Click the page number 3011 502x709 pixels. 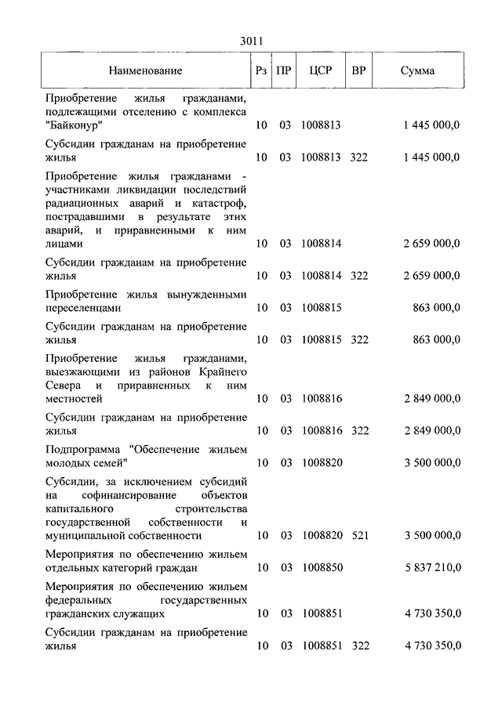(x=251, y=42)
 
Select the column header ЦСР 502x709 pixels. (x=321, y=71)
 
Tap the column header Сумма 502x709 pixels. (x=417, y=71)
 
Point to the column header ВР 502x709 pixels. (x=358, y=71)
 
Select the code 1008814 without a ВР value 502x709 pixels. (x=321, y=244)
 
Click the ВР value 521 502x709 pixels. (x=358, y=535)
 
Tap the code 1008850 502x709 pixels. (x=321, y=567)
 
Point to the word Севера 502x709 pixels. (x=65, y=386)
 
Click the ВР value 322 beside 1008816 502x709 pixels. (x=358, y=430)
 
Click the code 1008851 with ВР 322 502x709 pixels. (x=321, y=646)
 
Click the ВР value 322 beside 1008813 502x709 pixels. (x=358, y=157)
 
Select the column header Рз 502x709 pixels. (x=261, y=71)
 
